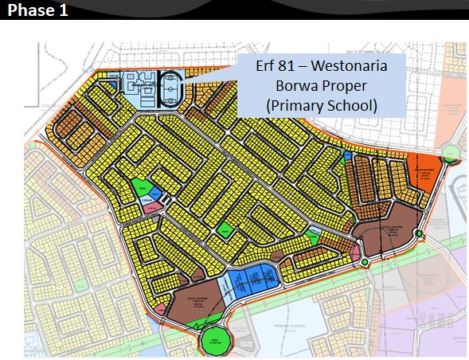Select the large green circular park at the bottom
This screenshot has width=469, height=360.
pos(215,338)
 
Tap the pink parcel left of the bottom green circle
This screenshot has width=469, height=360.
pos(160,308)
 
